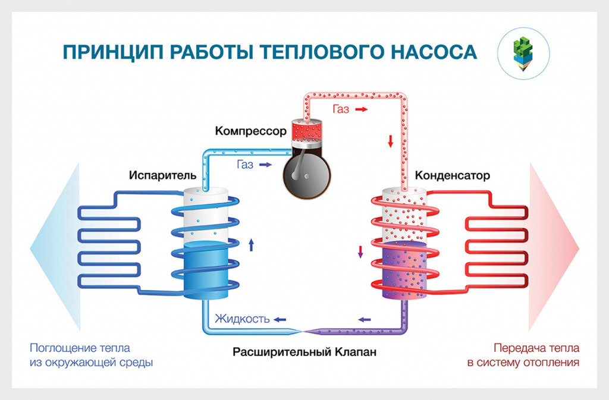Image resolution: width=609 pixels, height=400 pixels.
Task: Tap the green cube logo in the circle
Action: click(x=523, y=52)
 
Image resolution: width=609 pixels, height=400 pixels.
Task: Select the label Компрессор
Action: click(x=251, y=131)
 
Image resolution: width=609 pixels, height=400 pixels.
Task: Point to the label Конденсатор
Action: click(x=452, y=176)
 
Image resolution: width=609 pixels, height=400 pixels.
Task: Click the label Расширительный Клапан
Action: click(x=304, y=352)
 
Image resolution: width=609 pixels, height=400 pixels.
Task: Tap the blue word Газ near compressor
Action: click(x=245, y=165)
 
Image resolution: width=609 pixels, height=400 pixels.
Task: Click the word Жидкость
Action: click(x=243, y=319)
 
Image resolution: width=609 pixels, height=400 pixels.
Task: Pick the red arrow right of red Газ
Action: click(x=360, y=110)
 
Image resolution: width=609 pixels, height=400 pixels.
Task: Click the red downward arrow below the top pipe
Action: click(x=391, y=141)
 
